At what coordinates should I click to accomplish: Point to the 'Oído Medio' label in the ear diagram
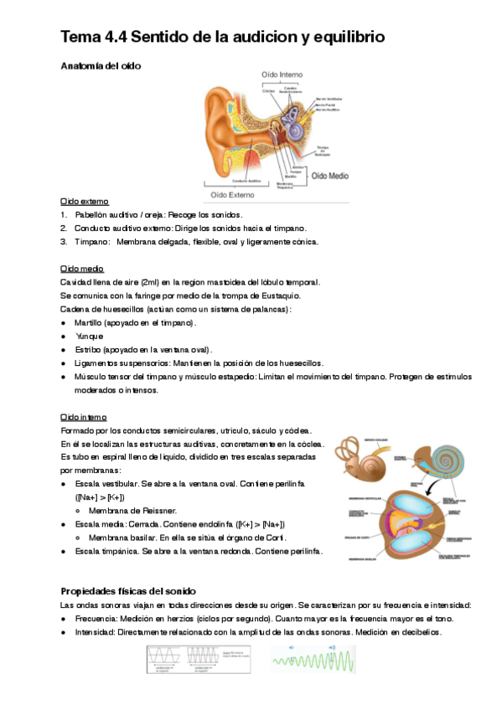pyautogui.click(x=329, y=177)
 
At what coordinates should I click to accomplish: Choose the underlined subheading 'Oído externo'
pyautogui.click(x=84, y=202)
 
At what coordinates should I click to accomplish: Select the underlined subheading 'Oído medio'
pyautogui.click(x=82, y=269)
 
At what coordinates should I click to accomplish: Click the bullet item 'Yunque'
pyautogui.click(x=90, y=336)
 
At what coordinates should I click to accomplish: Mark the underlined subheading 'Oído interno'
pyautogui.click(x=83, y=416)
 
